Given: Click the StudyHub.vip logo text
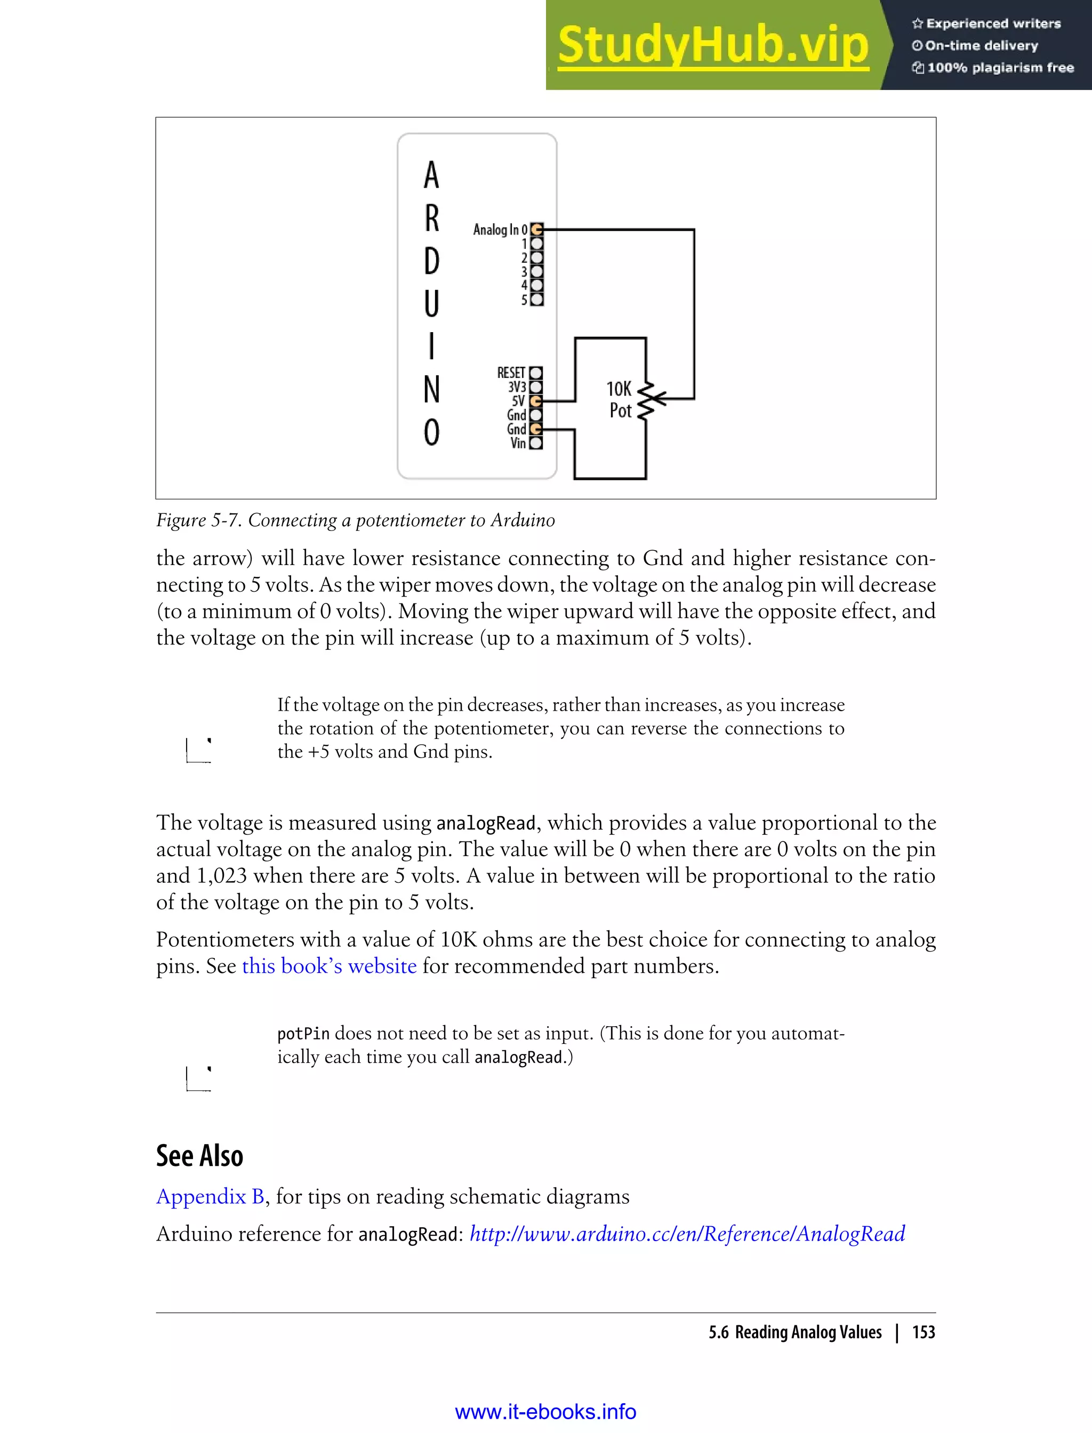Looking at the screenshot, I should click(712, 45).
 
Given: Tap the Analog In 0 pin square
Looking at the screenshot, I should click(536, 229).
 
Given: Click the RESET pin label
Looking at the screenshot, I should click(510, 373).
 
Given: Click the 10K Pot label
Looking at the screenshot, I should click(619, 400).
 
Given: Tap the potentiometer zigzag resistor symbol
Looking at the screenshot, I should click(646, 400).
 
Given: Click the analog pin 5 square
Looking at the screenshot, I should click(536, 300).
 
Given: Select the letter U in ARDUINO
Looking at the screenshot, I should click(431, 303).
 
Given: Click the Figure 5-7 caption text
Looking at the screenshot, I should click(355, 520).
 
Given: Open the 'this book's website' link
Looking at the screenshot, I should click(329, 966).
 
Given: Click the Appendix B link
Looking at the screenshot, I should click(210, 1196).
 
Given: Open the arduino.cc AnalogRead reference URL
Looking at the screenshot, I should click(687, 1234).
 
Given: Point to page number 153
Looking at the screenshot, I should click(923, 1332).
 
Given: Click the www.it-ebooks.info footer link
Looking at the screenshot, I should click(545, 1412).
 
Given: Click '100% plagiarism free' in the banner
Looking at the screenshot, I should click(1000, 68).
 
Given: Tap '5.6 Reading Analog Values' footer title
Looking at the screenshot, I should click(795, 1332).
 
